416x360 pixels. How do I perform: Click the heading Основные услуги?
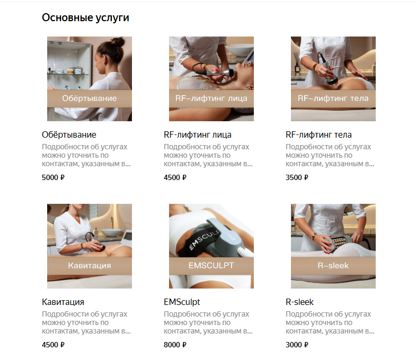[x=85, y=18]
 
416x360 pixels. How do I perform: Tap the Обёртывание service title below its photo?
[x=69, y=134]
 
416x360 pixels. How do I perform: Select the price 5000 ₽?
[x=53, y=177]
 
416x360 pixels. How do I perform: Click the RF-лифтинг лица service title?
[x=197, y=134]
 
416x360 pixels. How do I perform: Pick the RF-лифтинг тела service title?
[x=318, y=134]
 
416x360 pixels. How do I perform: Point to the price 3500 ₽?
[x=297, y=177]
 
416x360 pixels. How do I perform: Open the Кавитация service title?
[x=63, y=302]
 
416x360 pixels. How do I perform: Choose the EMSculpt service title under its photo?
[x=182, y=302]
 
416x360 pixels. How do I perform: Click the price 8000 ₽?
[x=175, y=345]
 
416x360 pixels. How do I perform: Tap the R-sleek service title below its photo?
[x=299, y=302]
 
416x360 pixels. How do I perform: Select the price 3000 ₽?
[x=297, y=345]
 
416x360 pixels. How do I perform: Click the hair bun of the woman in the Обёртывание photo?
[x=118, y=42]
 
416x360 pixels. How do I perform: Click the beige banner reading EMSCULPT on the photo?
[x=211, y=266]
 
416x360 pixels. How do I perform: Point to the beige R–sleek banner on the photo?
[x=333, y=266]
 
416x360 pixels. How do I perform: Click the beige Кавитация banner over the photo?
[x=90, y=266]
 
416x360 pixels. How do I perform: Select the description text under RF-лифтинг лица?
[x=208, y=155]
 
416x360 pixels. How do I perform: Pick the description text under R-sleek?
[x=330, y=322]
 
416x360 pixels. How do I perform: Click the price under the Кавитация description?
[x=53, y=345]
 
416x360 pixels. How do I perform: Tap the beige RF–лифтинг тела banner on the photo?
[x=333, y=98]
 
